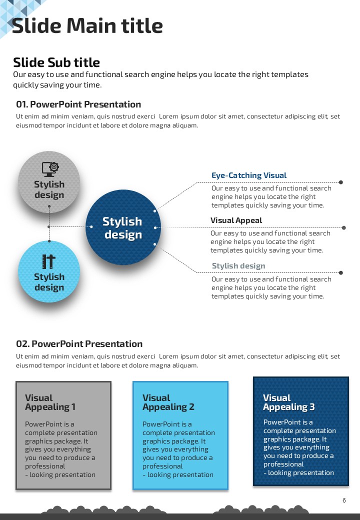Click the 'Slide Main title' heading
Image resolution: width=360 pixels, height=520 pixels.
point(87,26)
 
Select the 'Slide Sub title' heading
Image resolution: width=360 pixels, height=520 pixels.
point(56,62)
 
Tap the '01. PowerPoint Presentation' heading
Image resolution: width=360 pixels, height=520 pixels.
point(78,104)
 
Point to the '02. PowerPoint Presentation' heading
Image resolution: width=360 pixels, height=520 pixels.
point(79,344)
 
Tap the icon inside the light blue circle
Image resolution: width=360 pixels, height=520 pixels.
point(48,261)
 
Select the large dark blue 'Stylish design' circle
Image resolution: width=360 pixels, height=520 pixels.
point(122,227)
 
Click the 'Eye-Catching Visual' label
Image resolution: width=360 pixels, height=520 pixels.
point(249,175)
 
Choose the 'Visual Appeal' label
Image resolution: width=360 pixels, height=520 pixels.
point(236,220)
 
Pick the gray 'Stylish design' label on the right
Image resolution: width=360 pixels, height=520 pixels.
point(238,266)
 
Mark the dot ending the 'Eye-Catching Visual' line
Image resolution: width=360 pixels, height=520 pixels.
point(341,182)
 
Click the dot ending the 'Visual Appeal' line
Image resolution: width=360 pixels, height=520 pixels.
point(343,227)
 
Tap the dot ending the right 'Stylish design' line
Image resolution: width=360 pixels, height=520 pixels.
point(341,273)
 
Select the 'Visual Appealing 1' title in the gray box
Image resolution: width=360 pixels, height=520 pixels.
point(50,402)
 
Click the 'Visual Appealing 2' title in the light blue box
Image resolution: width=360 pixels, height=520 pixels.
point(168,402)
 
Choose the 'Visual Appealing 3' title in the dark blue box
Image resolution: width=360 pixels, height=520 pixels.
point(288,402)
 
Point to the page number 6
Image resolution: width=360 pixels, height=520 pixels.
point(344,500)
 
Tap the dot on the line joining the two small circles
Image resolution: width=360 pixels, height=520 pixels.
point(49,227)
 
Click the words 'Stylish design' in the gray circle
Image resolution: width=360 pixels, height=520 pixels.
point(49,189)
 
